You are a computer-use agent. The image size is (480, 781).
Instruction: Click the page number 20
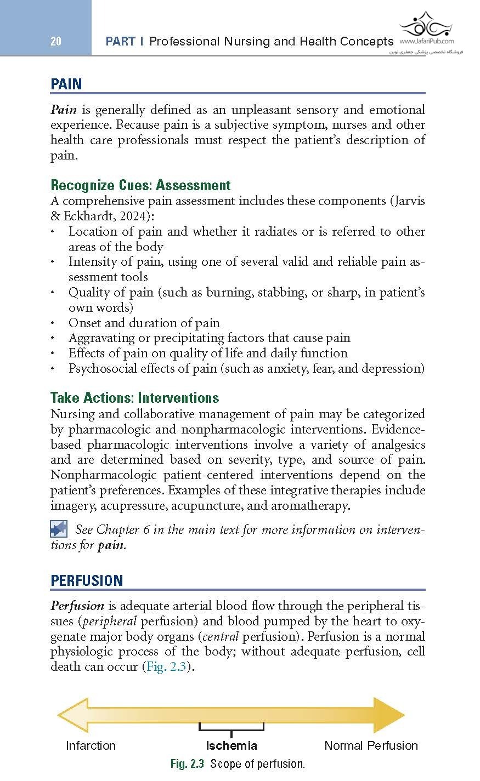(x=55, y=41)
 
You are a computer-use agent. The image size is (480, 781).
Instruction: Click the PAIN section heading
(x=66, y=84)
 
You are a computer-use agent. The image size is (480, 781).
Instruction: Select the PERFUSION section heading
(x=87, y=580)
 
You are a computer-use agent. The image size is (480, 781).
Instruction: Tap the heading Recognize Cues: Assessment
(x=140, y=185)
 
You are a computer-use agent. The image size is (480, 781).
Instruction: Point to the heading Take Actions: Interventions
(x=134, y=398)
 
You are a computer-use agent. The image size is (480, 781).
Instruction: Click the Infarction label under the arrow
(x=91, y=745)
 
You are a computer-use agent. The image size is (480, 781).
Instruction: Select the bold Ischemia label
(x=231, y=745)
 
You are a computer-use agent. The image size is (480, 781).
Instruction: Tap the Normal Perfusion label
(x=371, y=745)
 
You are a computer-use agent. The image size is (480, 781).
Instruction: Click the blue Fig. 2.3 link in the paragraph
(x=166, y=667)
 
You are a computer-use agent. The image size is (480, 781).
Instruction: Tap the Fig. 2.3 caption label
(x=187, y=763)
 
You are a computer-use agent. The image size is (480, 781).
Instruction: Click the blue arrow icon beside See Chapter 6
(x=59, y=529)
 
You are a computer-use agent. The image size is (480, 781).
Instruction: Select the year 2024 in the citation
(x=134, y=216)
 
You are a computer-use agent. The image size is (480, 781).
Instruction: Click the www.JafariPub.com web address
(x=426, y=41)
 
